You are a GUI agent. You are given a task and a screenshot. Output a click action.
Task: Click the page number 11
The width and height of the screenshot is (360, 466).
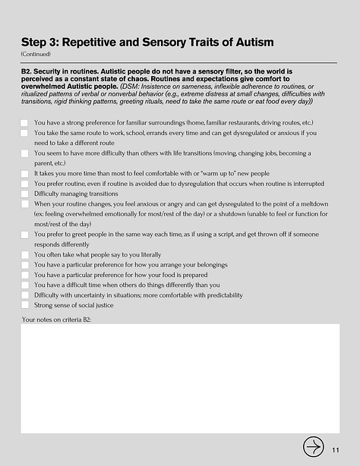335,450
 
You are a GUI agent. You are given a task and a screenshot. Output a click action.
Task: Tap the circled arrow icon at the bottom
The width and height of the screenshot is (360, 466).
312,446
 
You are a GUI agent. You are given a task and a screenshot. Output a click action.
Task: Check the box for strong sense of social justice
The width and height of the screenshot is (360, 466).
25,305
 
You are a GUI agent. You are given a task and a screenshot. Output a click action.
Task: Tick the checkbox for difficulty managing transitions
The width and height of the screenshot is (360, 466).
25,194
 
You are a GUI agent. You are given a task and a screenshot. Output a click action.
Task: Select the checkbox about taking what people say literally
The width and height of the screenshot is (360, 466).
25,255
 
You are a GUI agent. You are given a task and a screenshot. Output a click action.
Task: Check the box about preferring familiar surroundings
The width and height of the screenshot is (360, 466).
25,122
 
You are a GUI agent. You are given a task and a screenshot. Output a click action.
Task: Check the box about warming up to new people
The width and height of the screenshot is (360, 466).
25,173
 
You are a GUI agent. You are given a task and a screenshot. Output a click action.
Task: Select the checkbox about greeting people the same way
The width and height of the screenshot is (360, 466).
25,235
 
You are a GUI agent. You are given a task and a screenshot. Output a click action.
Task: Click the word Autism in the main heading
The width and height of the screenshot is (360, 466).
251,42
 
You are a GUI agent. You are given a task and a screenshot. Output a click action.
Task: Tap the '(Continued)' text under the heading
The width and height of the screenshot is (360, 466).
36,55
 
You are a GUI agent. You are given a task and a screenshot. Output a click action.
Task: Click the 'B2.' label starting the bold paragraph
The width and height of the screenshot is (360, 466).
29,71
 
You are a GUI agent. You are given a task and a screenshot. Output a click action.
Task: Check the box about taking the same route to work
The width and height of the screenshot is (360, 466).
25,133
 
